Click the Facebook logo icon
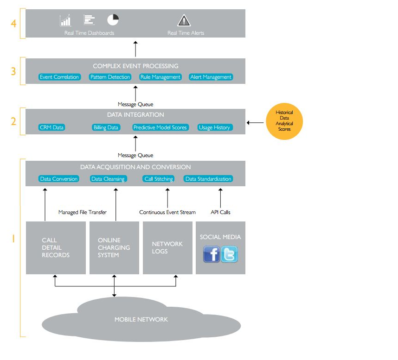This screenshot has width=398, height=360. tap(212, 254)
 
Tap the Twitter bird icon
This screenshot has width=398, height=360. tap(229, 254)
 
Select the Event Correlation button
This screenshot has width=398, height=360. tap(59, 77)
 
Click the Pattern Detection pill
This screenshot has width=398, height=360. tap(110, 77)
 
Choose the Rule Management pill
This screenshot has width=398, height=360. tap(160, 77)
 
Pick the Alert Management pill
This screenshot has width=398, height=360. tap(211, 77)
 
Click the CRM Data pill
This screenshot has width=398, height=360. tap(51, 127)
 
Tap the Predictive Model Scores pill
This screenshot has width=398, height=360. tap(160, 127)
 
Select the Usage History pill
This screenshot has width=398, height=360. tap(214, 127)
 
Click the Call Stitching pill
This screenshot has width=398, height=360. tap(159, 179)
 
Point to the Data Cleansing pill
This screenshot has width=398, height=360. tap(108, 179)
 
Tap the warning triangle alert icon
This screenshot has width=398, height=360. tap(184, 20)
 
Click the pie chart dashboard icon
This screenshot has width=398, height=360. tap(113, 19)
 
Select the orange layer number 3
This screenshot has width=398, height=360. tap(13, 72)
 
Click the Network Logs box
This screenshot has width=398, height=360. tap(167, 247)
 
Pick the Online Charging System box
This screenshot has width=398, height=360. tap(114, 247)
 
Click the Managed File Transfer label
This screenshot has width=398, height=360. tap(83, 212)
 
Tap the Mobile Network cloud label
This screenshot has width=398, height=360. tap(141, 319)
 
